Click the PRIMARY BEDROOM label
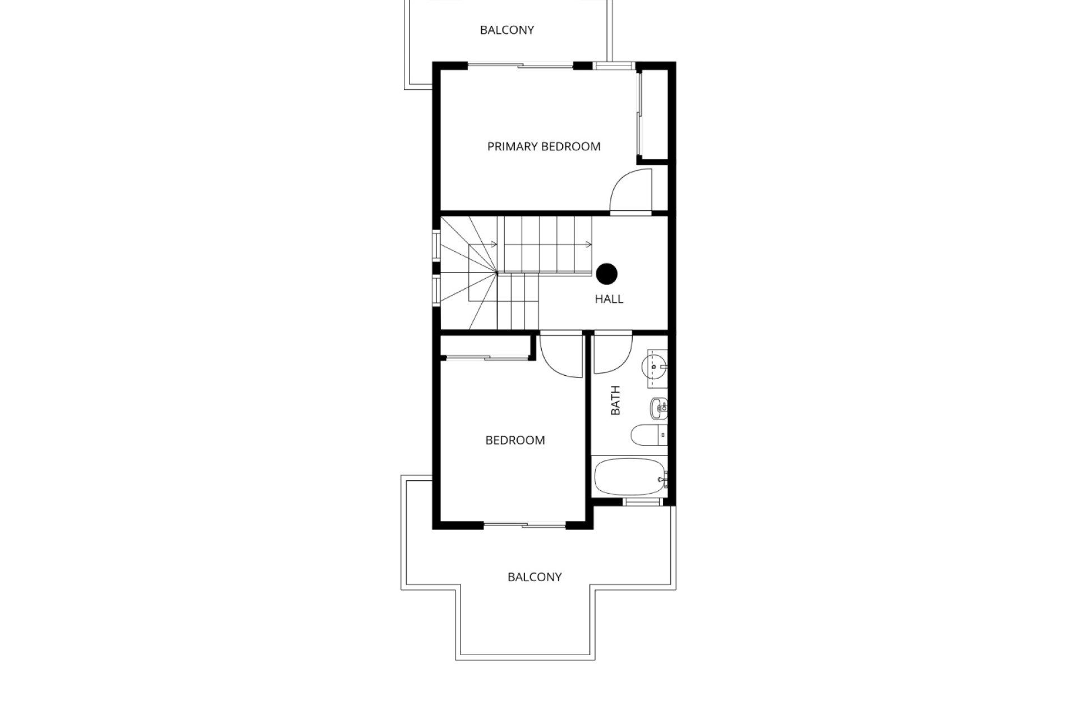tap(544, 146)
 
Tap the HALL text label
tap(609, 299)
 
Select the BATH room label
tap(615, 400)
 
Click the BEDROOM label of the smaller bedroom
tap(515, 440)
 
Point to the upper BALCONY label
tap(507, 30)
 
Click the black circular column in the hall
tap(607, 274)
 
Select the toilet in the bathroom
tap(648, 435)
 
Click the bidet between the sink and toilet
tap(659, 407)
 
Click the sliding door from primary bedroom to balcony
tap(521, 66)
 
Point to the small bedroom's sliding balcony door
tap(525, 525)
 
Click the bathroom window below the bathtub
tap(643, 501)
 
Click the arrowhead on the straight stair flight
tap(588, 244)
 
